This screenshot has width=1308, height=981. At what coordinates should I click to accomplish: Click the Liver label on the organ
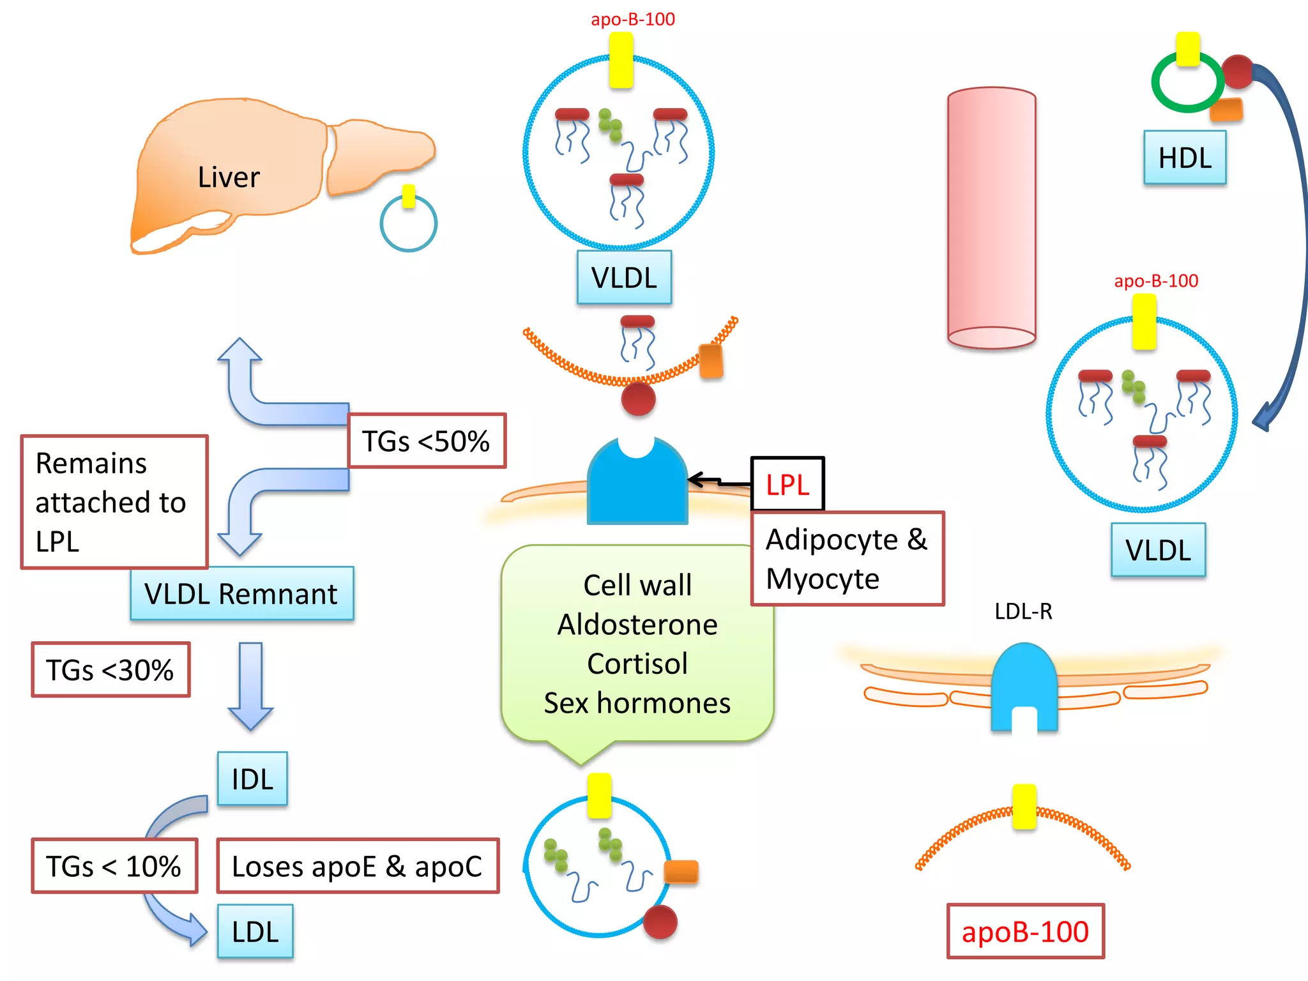tap(228, 177)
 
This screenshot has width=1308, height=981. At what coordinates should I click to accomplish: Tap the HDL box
tap(1185, 158)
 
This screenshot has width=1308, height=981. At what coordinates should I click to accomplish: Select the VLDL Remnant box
tap(241, 594)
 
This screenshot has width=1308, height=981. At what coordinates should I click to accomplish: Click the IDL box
tap(252, 779)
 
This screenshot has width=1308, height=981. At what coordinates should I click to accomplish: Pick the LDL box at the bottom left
tap(255, 932)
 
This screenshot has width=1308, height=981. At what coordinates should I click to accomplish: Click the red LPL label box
tap(787, 485)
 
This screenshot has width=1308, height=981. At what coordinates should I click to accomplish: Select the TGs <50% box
tap(427, 441)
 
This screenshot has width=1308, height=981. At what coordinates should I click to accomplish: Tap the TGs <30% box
tap(110, 670)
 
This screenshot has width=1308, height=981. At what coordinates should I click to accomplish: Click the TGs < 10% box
tap(114, 866)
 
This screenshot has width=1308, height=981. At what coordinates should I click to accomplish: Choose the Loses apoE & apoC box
tap(357, 866)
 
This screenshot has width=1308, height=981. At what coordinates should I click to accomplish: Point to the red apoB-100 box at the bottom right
tap(1025, 932)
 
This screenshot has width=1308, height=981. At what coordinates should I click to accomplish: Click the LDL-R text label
tap(1023, 612)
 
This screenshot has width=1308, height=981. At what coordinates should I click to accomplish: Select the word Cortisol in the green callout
tap(637, 664)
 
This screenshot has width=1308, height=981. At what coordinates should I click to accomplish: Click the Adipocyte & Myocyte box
tap(847, 559)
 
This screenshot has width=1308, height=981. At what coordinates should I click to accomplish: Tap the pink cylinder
tap(991, 217)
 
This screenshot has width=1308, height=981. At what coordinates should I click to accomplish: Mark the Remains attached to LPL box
tap(114, 502)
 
